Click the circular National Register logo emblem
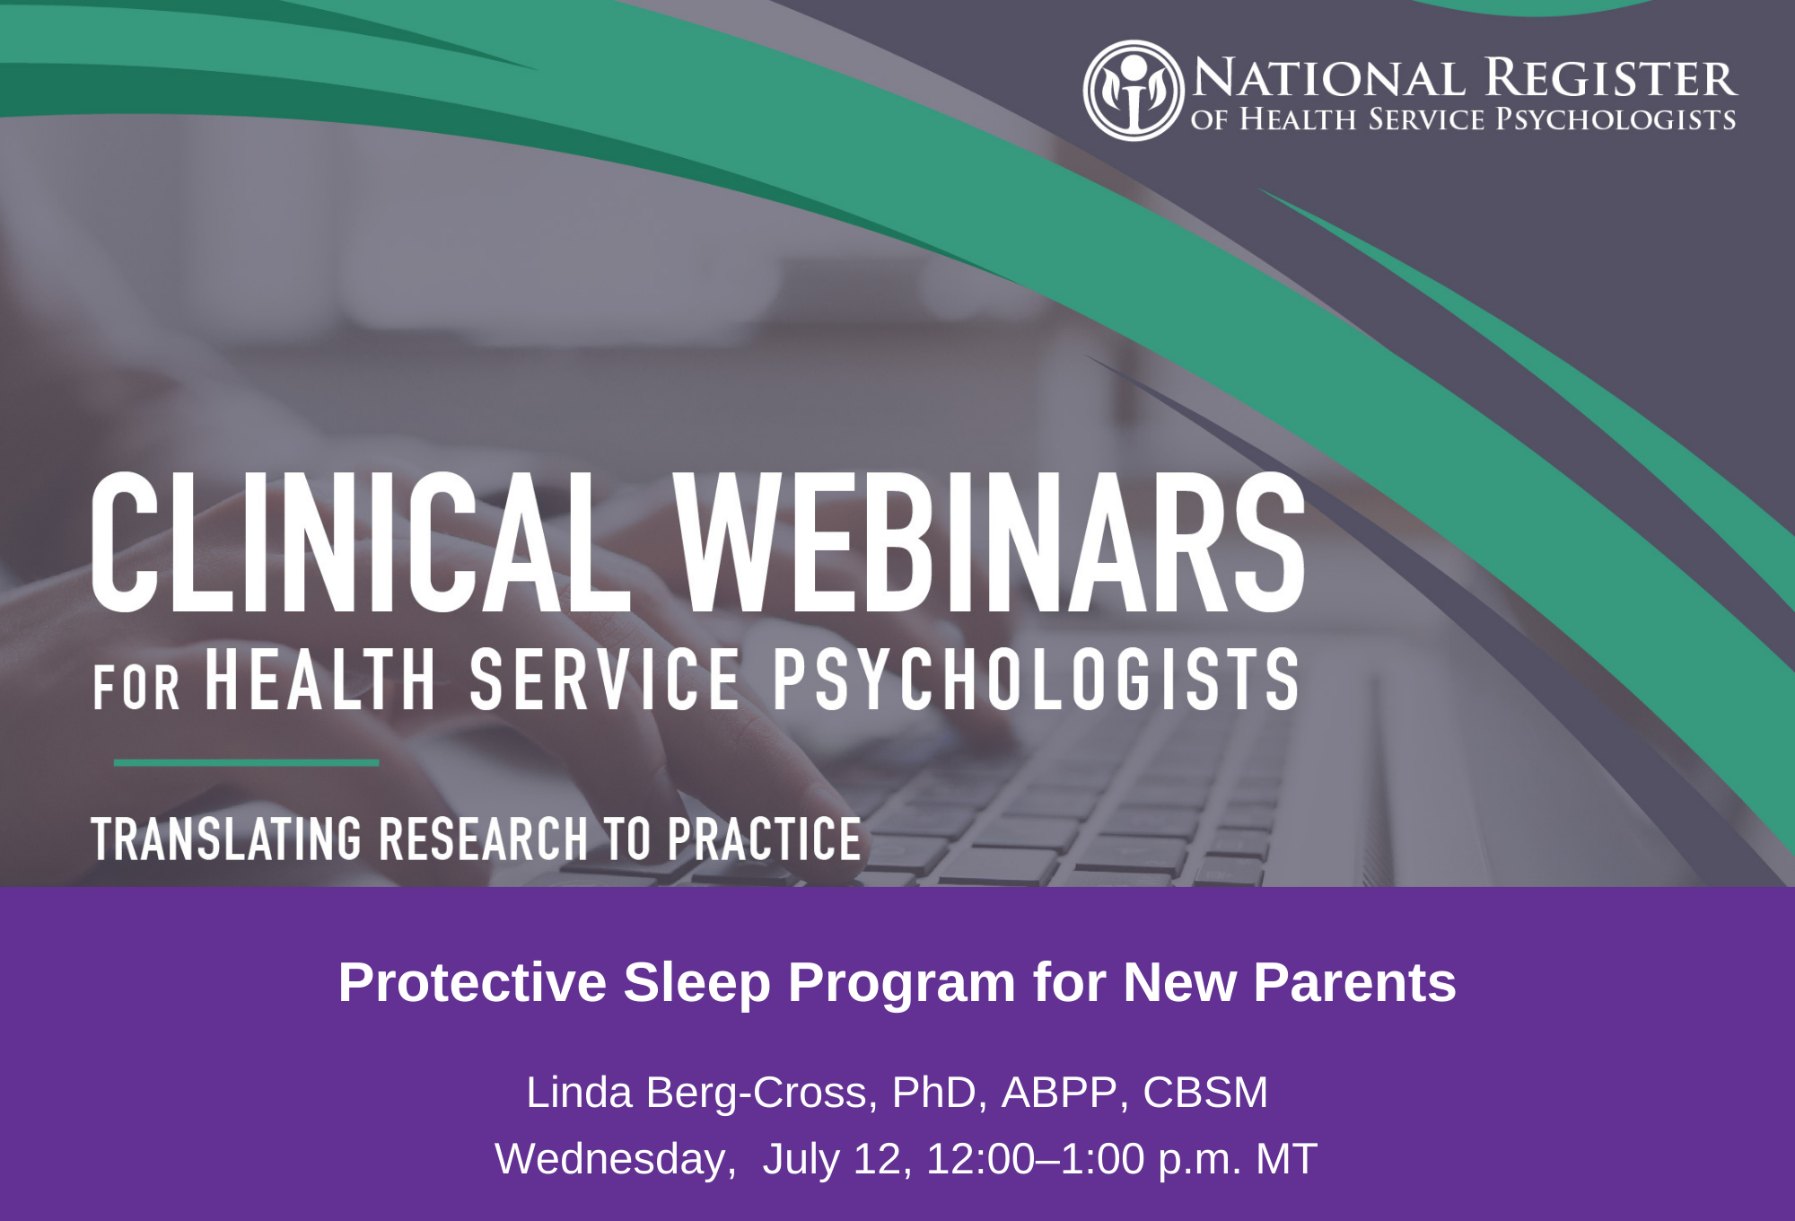(x=1134, y=90)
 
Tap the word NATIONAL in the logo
(x=1329, y=78)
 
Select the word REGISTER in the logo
(x=1611, y=78)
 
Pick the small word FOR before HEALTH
(x=136, y=689)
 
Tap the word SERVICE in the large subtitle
(x=605, y=680)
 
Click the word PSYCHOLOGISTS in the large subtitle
(x=1036, y=680)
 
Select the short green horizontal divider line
(x=246, y=763)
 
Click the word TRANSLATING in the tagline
(x=226, y=839)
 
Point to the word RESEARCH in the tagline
(x=483, y=839)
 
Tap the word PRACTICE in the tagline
(x=764, y=839)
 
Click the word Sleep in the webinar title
(x=697, y=983)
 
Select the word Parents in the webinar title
(x=1354, y=982)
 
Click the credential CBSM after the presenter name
(x=1205, y=1093)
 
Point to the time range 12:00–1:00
(x=1035, y=1159)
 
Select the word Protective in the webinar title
(x=473, y=982)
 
